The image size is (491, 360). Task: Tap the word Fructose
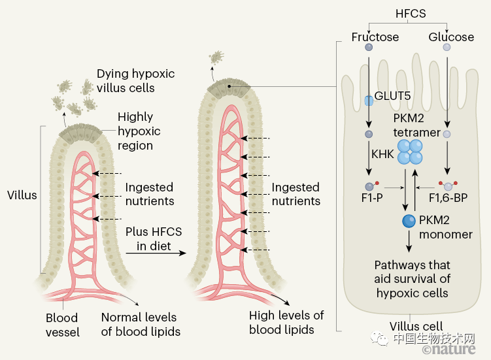(375, 37)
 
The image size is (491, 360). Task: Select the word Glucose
(450, 37)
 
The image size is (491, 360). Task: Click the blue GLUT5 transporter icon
(369, 100)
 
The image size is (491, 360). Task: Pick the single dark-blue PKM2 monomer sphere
(409, 222)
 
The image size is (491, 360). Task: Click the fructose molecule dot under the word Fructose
(369, 48)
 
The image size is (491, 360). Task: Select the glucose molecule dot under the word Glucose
(447, 48)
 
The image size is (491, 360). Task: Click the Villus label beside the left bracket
(22, 195)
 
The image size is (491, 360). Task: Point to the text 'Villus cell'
(416, 326)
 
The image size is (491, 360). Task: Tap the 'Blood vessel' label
(62, 325)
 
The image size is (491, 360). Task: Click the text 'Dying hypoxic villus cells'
(126, 80)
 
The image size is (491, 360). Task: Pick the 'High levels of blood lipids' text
(286, 322)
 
